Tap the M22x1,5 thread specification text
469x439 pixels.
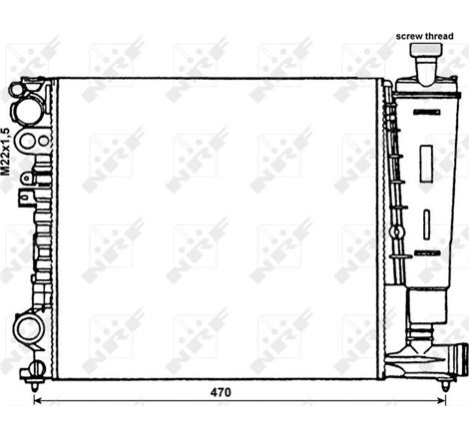pos(7,151)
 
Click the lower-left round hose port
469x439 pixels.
pos(26,328)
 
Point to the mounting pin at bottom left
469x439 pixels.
pos(36,377)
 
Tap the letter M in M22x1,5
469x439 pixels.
pos(7,173)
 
